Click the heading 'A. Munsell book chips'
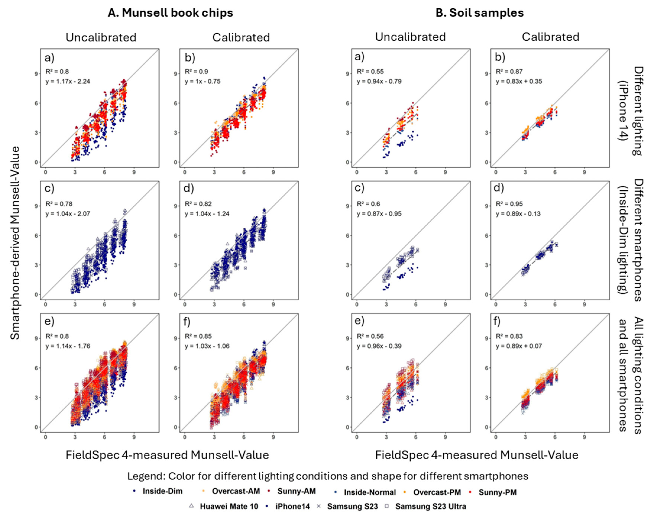coord(170,13)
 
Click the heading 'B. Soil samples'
coord(480,13)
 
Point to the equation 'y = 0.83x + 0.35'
coord(519,81)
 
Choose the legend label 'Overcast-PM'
coord(437,492)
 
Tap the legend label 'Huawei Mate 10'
coord(229,506)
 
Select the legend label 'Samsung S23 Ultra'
coord(431,506)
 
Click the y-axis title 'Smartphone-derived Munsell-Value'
coord(15,243)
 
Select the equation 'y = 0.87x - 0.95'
coord(379,214)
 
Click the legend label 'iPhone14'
coord(292,506)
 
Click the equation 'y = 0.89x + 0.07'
coord(519,346)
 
